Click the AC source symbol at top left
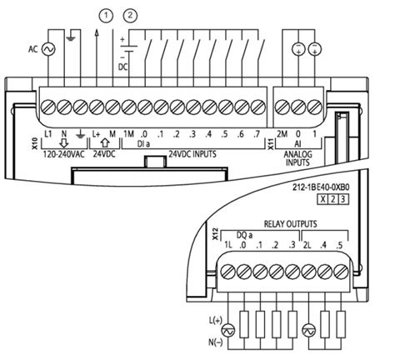48,49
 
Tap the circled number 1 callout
106,16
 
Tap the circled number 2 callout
130,16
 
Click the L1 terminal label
48,134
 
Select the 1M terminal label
128,134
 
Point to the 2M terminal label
282,134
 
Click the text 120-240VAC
63,154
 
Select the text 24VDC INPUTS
192,153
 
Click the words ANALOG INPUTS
297,158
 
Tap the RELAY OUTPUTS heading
290,224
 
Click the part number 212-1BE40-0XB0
321,187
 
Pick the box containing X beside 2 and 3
322,199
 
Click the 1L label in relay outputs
228,245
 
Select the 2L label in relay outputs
307,245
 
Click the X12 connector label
215,234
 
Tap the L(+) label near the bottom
216,320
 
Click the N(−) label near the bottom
216,342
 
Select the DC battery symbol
129,47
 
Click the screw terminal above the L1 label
48,107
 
